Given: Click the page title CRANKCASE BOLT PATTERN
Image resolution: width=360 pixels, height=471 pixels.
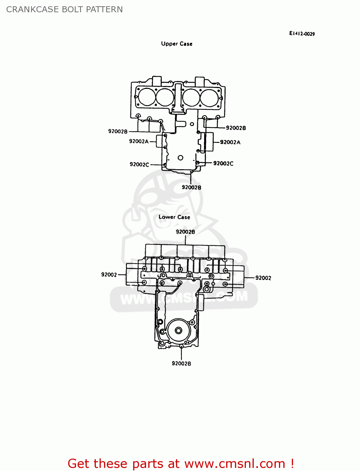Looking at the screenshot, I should [64, 9].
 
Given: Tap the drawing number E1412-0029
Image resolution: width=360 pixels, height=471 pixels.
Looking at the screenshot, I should [302, 34].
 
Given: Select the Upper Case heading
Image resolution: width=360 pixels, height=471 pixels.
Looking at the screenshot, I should [177, 44].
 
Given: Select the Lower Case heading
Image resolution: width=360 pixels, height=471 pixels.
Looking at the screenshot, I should [174, 217].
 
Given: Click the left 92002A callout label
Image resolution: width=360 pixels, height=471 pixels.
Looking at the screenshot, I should [139, 141].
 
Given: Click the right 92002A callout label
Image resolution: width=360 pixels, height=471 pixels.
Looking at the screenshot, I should [230, 142].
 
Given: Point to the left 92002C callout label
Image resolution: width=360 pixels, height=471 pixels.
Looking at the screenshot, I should [139, 165].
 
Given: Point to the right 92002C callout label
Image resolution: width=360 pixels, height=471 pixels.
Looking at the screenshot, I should [223, 164].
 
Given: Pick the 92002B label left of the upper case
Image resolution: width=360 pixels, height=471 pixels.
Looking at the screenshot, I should [118, 131].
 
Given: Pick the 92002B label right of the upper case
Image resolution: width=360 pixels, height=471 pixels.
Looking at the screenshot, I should [236, 128].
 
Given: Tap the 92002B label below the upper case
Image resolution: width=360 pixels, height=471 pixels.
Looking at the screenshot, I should [191, 187].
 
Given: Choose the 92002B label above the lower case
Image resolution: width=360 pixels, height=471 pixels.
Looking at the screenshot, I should [185, 232].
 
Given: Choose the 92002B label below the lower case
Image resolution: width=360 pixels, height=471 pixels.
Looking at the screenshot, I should [181, 363].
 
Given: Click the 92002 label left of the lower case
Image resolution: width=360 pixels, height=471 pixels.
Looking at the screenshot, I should [109, 275].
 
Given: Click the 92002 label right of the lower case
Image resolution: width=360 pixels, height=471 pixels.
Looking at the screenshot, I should [263, 278].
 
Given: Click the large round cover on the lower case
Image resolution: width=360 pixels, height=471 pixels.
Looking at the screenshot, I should [178, 330].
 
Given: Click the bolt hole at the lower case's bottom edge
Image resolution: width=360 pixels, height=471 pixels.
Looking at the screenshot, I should [181, 346].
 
